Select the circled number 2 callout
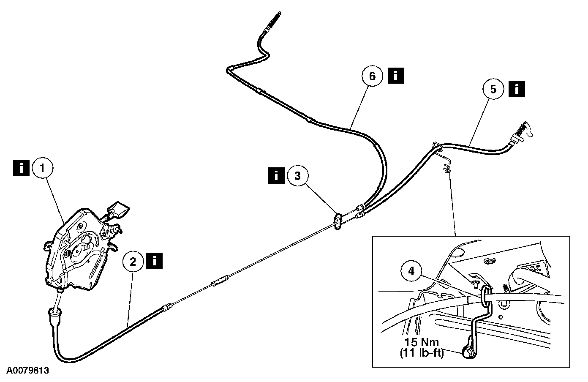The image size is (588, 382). click(133, 262)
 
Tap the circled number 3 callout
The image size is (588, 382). click(297, 176)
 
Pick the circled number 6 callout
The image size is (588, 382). click(372, 76)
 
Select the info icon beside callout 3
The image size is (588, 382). click(277, 175)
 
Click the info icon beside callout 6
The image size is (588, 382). click(396, 76)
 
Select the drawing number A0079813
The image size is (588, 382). click(28, 371)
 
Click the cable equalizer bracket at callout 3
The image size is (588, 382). click(338, 222)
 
